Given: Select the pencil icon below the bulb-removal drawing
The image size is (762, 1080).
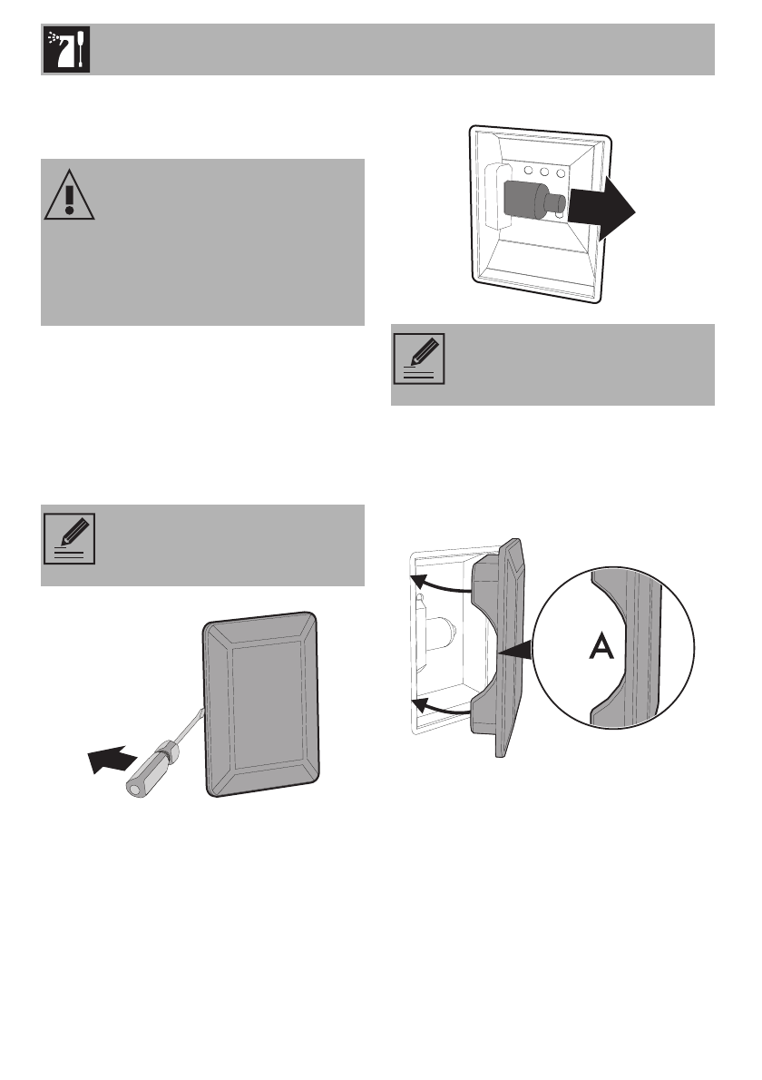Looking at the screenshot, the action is coord(418,358).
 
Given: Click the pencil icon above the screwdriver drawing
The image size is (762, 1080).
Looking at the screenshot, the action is coord(68,538).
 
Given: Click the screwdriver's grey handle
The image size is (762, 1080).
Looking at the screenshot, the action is coord(154,764).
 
